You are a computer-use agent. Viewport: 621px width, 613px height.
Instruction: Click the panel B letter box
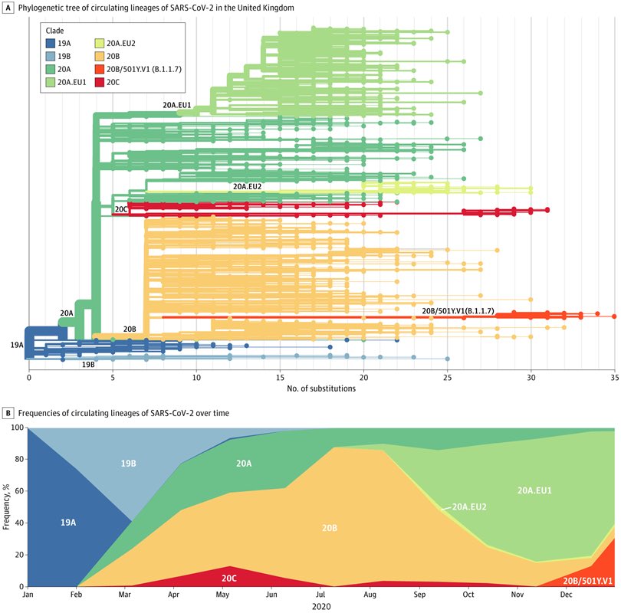pyautogui.click(x=7, y=413)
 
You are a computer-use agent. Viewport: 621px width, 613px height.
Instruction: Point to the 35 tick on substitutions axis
pyautogui.click(x=614, y=377)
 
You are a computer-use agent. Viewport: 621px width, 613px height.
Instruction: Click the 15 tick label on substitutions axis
pyautogui.click(x=280, y=377)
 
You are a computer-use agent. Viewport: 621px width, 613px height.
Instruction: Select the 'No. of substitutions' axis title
pyautogui.click(x=321, y=388)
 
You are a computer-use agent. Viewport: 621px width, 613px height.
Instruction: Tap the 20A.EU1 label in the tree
pyautogui.click(x=176, y=103)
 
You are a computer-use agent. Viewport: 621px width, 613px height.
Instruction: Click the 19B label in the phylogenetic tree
pyautogui.click(x=88, y=365)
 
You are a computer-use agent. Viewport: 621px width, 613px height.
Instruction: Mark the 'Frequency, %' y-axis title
pyautogui.click(x=8, y=507)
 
